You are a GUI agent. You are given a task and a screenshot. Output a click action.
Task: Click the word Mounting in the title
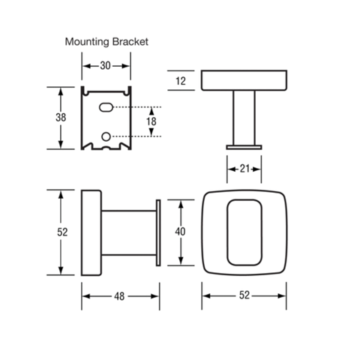coord(87,42)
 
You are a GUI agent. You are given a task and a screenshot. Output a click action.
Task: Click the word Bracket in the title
coord(130,41)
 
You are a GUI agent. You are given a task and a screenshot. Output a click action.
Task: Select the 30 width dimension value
coord(105,66)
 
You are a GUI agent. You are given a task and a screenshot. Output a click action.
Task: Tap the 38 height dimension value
coord(61,117)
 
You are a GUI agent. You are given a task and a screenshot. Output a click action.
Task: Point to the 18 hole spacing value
coord(151,121)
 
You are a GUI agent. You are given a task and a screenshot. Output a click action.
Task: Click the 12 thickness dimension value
coord(181,81)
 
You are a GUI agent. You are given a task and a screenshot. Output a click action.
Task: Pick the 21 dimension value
coord(244,169)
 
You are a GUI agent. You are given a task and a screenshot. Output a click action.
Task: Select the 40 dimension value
coord(180,232)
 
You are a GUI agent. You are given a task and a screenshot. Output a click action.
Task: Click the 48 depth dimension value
coord(119,296)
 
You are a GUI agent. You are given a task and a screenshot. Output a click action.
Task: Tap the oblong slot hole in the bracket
coord(106,107)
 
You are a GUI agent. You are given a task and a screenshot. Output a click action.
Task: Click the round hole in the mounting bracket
coord(106,136)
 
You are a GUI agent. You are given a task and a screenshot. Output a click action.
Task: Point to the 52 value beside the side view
coord(62,232)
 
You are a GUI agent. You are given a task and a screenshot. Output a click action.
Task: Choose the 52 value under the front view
coord(244,295)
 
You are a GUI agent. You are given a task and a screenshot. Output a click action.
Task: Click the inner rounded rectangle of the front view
coord(227,232)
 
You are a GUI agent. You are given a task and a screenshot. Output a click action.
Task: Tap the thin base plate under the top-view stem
coord(244,147)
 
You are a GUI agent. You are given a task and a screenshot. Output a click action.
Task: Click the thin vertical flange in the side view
coord(158,232)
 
